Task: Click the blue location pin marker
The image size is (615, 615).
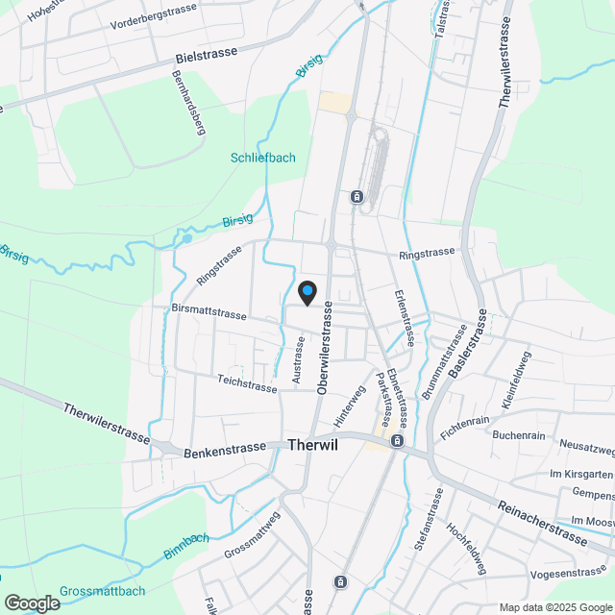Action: (307, 292)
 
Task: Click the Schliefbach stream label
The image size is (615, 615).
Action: (263, 158)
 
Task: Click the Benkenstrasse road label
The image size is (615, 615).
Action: (225, 448)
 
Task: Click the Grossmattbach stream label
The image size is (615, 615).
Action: (102, 591)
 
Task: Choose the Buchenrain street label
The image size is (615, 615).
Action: (519, 435)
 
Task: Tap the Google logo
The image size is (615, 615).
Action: (31, 603)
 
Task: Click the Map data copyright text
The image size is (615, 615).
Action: (554, 607)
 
